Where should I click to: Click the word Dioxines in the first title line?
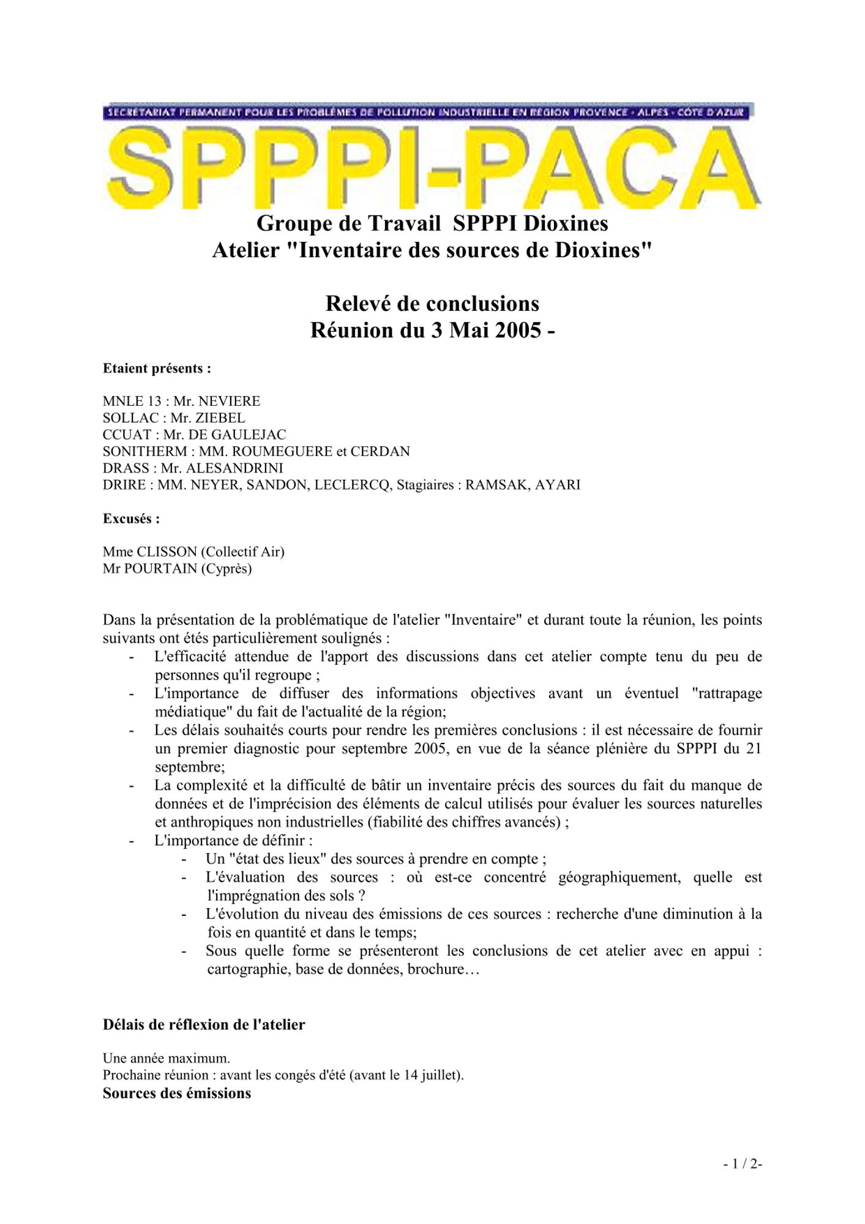coord(566,223)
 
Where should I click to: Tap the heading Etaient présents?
coord(157,368)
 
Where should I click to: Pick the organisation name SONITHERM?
coord(145,452)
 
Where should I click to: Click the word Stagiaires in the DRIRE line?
coord(425,485)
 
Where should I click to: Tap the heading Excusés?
coord(131,519)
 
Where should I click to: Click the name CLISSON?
coord(167,552)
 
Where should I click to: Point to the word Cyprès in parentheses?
coord(228,569)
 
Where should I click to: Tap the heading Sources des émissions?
coord(177,1093)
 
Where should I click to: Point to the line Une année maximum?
coord(167,1058)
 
